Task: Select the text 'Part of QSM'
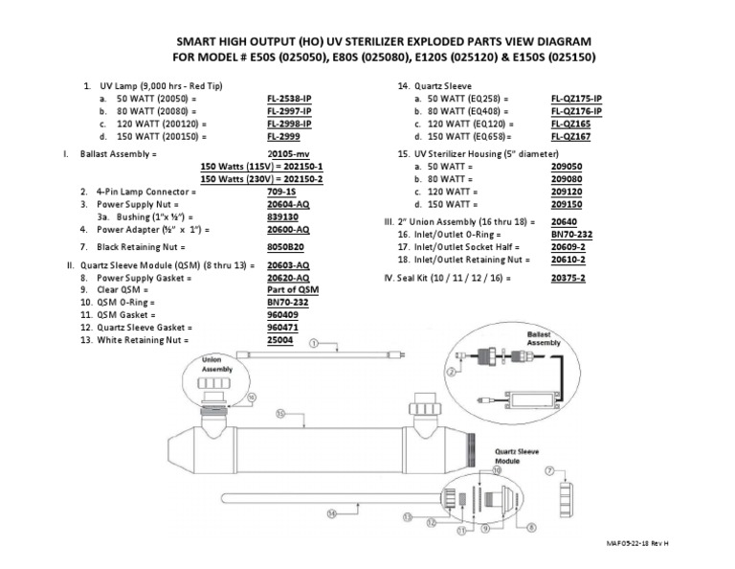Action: pos(292,289)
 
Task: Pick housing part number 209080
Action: pos(567,179)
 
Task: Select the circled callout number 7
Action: pos(549,471)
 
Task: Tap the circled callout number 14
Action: pos(331,513)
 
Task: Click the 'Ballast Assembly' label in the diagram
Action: pos(545,337)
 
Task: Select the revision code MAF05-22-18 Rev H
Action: pos(635,543)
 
